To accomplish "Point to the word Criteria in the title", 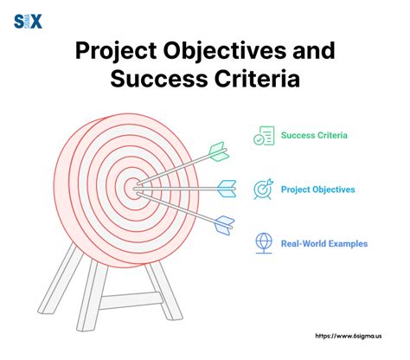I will click(257, 80).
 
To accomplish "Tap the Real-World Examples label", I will click(324, 243).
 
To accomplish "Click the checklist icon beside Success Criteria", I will click(264, 136).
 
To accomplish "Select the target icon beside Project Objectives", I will click(264, 189).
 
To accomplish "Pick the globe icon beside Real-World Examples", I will click(264, 243).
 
